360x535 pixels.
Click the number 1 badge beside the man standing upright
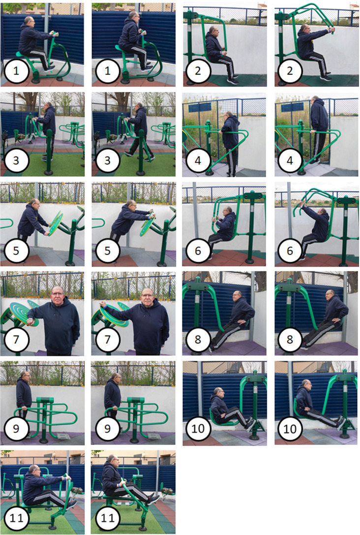pos(108,71)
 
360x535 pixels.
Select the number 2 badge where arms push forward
pos(290,71)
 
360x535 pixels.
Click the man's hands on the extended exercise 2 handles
pos(331,30)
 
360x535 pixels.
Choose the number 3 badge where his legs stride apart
pos(108,160)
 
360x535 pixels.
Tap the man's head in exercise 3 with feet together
pos(49,105)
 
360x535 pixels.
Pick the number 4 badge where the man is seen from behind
pos(290,160)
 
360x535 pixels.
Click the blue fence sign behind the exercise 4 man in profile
pos(199,108)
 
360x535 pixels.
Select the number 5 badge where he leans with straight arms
pos(108,251)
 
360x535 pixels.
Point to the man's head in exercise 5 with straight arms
pos(130,205)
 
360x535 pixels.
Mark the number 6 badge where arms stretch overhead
pos(290,251)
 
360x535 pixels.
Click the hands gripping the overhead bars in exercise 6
pos(301,204)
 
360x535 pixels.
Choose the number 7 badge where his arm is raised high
pos(108,339)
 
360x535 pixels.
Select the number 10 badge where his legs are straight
pos(290,429)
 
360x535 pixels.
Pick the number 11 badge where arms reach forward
pos(16,518)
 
